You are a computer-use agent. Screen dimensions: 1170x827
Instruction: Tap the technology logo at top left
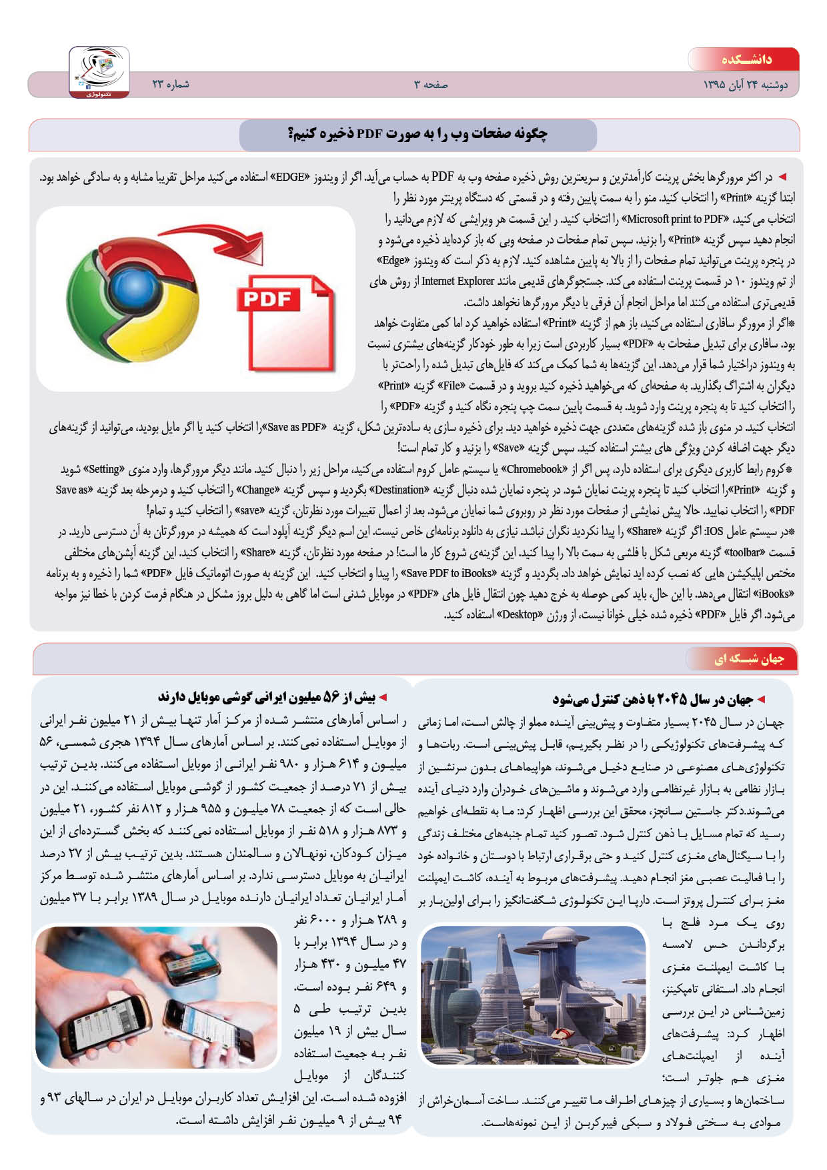pyautogui.click(x=99, y=71)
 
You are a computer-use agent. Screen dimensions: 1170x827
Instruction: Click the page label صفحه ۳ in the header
pyautogui.click(x=431, y=85)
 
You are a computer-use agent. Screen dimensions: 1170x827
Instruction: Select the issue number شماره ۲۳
pyautogui.click(x=171, y=85)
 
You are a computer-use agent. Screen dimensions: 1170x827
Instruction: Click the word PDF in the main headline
pyautogui.click(x=369, y=134)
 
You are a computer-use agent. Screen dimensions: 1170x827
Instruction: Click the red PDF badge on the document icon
pyautogui.click(x=267, y=299)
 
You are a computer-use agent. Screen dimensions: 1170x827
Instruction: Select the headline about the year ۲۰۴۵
pyautogui.click(x=652, y=699)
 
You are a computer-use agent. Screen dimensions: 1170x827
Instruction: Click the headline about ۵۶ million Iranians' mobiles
pyautogui.click(x=267, y=698)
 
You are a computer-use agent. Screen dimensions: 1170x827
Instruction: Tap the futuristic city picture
pyautogui.click(x=534, y=994)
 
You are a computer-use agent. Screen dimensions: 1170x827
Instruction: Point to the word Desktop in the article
pyautogui.click(x=520, y=614)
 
